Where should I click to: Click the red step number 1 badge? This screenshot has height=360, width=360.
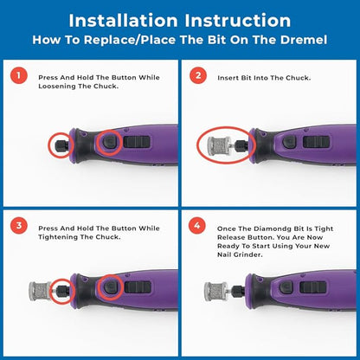click(x=19, y=75)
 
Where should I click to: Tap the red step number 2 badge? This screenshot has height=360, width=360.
click(x=198, y=75)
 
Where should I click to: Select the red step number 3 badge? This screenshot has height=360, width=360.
click(x=19, y=225)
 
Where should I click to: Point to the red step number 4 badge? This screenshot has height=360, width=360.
click(x=197, y=225)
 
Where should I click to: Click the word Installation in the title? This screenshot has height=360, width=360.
click(x=123, y=21)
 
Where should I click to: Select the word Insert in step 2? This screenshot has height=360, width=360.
click(x=228, y=78)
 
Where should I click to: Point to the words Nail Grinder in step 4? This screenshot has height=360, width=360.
click(x=240, y=254)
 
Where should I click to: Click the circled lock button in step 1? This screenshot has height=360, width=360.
click(x=109, y=142)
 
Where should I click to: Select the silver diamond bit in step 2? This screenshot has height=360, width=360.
click(x=219, y=145)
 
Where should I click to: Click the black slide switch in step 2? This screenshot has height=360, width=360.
click(x=316, y=143)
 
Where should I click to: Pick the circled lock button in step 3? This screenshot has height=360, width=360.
click(x=110, y=286)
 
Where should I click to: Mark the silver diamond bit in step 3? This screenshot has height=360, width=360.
click(x=40, y=291)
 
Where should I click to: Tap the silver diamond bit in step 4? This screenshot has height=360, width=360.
click(x=215, y=292)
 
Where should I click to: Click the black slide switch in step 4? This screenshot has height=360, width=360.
click(x=313, y=287)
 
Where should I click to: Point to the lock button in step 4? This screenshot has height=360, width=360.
click(x=286, y=287)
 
